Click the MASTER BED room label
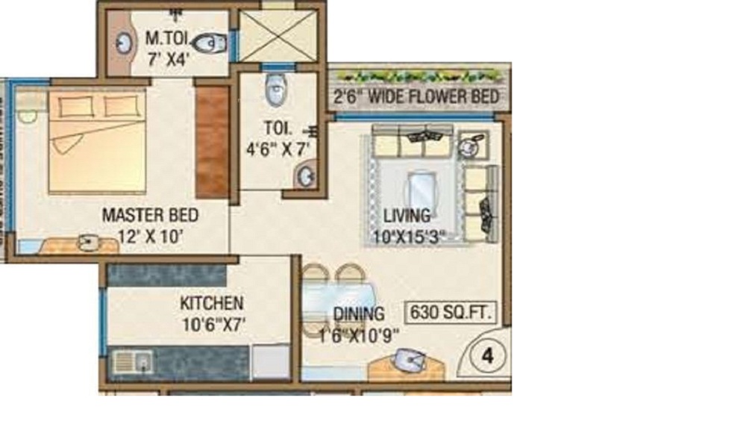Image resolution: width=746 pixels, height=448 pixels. [150, 216]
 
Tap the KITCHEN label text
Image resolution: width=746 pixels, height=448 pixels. [211, 303]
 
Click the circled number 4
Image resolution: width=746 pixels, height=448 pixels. [488, 356]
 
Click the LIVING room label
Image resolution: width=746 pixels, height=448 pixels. [407, 217]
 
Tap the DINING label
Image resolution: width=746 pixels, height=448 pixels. [359, 314]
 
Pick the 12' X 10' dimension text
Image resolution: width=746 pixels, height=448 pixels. [150, 237]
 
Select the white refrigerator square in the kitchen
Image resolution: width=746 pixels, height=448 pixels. [270, 362]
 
